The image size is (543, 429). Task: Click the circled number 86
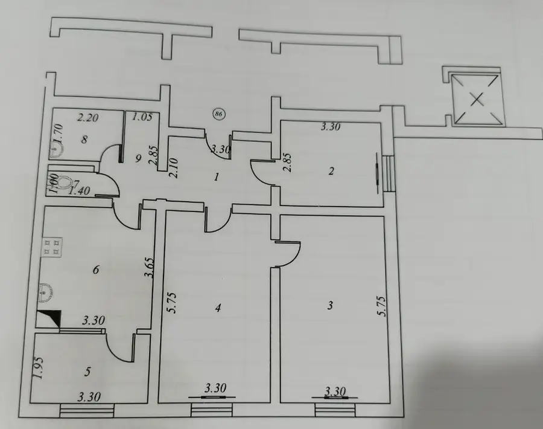pyautogui.click(x=219, y=114)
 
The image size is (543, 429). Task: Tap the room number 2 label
pyautogui.click(x=331, y=171)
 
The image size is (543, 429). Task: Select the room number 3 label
pyautogui.click(x=330, y=306)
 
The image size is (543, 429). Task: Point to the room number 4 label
pyautogui.click(x=217, y=308)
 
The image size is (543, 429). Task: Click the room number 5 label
pyautogui.click(x=87, y=372)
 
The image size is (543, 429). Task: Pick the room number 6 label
pyautogui.click(x=96, y=269)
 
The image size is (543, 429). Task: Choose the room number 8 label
pyautogui.click(x=84, y=140)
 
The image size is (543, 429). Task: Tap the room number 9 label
pyautogui.click(x=138, y=159)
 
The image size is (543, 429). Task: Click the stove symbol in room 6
pyautogui.click(x=52, y=247)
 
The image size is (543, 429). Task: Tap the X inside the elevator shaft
pyautogui.click(x=478, y=100)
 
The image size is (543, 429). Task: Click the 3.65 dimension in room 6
pyautogui.click(x=149, y=268)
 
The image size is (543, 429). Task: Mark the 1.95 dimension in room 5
pyautogui.click(x=39, y=368)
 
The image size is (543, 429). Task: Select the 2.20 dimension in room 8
pyautogui.click(x=87, y=118)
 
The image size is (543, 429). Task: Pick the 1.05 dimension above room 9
pyautogui.click(x=142, y=117)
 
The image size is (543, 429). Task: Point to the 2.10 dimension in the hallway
pyautogui.click(x=174, y=168)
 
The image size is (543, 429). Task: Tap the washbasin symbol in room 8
pyautogui.click(x=57, y=150)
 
